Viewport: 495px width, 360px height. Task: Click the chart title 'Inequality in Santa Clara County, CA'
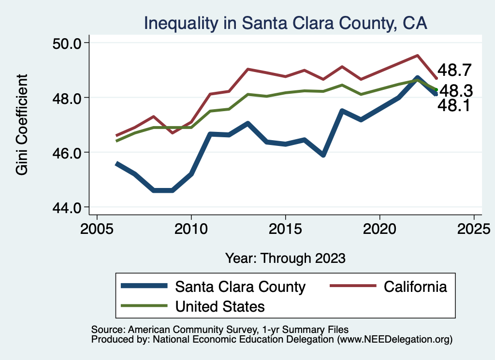tap(285, 23)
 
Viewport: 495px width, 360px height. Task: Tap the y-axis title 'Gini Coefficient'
tap(22, 124)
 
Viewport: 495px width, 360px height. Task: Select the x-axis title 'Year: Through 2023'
tap(285, 258)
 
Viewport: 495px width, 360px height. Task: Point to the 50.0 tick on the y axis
tap(66, 43)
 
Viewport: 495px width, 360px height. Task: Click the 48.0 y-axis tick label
tap(66, 98)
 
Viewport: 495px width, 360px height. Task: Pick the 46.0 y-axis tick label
tap(66, 152)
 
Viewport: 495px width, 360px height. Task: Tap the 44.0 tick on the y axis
tap(66, 207)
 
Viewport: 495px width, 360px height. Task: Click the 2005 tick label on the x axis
tap(97, 227)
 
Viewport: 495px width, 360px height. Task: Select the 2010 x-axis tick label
tap(191, 227)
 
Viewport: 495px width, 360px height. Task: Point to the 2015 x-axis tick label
tap(285, 227)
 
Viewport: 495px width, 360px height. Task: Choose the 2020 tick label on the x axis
tap(379, 227)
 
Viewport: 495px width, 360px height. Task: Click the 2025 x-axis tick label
tap(474, 227)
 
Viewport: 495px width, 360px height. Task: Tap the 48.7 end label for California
tap(454, 71)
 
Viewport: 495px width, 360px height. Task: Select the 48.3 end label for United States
tap(456, 90)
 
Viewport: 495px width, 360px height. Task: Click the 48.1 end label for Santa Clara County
tap(453, 106)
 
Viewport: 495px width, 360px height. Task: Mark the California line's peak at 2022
tap(417, 56)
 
